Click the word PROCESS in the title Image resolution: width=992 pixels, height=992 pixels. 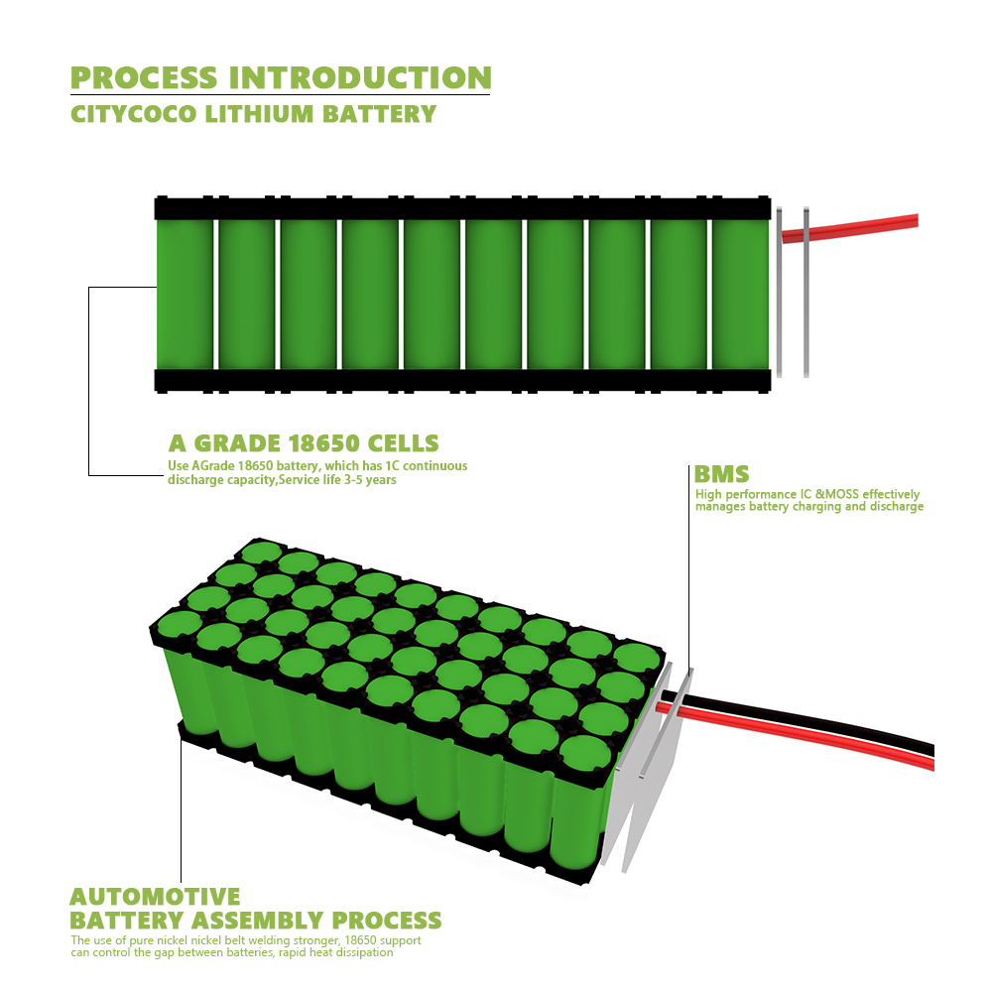(x=144, y=77)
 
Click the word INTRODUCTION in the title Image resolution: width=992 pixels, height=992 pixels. (x=360, y=77)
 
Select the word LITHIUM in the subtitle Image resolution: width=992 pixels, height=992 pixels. (x=260, y=113)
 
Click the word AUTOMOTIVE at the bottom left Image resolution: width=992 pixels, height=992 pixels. (x=155, y=897)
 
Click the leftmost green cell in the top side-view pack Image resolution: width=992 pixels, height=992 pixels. (x=185, y=294)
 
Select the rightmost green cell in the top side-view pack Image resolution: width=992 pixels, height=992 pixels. (x=740, y=294)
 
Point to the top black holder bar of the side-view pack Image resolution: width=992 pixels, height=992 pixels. (x=462, y=208)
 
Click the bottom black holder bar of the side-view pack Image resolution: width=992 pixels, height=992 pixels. (x=462, y=380)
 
